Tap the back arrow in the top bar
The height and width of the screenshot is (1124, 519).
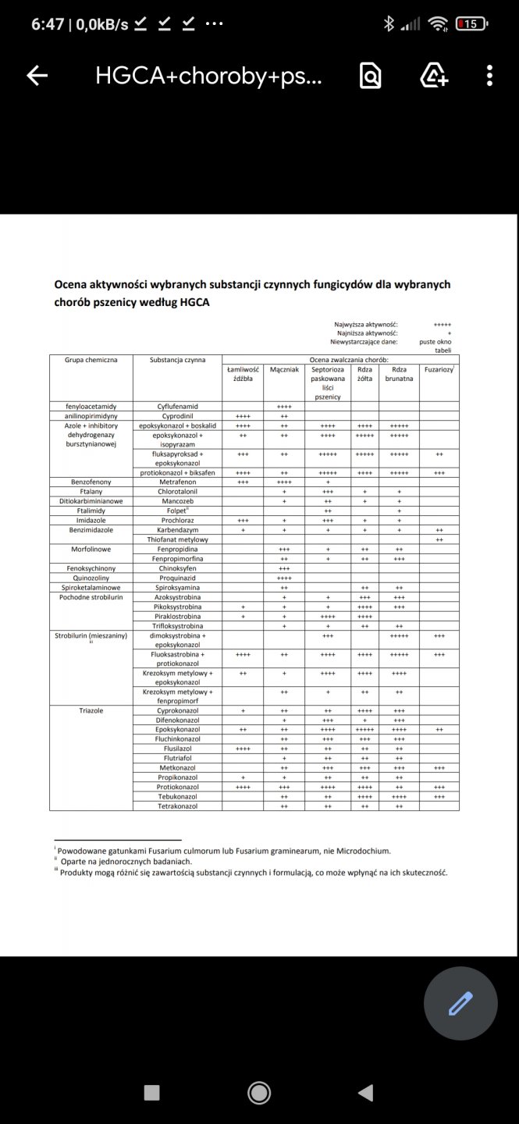(x=37, y=75)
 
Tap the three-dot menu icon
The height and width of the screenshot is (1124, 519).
(x=489, y=75)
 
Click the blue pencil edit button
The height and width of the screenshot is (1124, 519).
(x=460, y=1003)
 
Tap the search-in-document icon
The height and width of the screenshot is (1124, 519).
(x=370, y=75)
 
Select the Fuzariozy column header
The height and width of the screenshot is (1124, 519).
(x=439, y=369)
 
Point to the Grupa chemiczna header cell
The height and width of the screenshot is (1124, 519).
(x=91, y=360)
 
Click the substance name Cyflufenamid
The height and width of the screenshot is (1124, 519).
(x=177, y=407)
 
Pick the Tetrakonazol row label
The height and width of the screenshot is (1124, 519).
(x=177, y=806)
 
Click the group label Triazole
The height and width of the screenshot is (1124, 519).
(x=91, y=711)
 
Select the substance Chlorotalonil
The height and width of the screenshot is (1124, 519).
(x=177, y=492)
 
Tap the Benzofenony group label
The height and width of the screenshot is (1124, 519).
(x=91, y=482)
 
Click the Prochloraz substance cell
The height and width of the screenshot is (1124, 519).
(x=177, y=520)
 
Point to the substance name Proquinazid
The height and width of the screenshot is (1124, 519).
(x=177, y=578)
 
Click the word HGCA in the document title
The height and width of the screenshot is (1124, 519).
(x=194, y=301)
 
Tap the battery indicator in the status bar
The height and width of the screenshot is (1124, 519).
(x=471, y=24)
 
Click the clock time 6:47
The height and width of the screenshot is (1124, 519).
(x=48, y=24)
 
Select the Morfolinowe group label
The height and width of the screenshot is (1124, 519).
(x=91, y=549)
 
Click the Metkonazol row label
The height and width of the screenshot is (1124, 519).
(x=177, y=768)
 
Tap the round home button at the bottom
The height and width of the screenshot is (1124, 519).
(x=259, y=1093)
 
